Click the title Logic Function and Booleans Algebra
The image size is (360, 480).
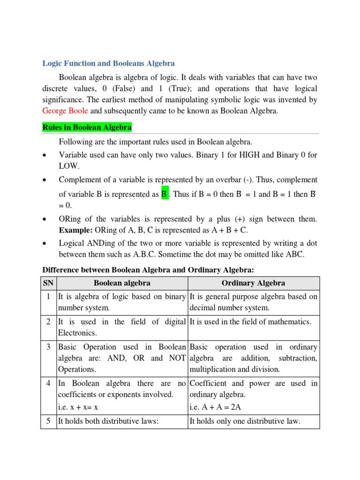point(108,63)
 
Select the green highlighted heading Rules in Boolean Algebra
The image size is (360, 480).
point(87,127)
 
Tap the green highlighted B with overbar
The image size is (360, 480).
point(164,194)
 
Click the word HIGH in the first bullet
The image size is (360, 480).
point(246,155)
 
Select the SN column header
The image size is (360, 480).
point(48,283)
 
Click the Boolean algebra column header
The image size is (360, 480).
point(122,283)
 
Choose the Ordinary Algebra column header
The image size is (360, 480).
point(253,283)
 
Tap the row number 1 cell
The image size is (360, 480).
point(49,296)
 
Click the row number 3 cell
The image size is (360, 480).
point(49,347)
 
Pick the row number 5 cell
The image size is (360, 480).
point(49,421)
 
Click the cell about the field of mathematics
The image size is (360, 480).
point(250,322)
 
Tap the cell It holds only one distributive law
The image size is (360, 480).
point(244,421)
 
